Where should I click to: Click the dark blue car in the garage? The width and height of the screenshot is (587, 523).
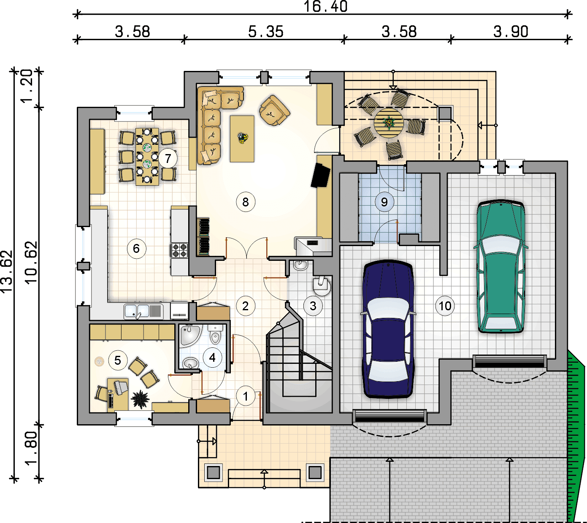pyautogui.click(x=388, y=329)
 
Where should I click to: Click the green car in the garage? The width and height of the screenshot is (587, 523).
pyautogui.click(x=501, y=266)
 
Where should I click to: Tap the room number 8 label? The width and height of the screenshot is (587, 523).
pyautogui.click(x=246, y=202)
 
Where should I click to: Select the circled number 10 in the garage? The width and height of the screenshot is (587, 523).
pyautogui.click(x=445, y=306)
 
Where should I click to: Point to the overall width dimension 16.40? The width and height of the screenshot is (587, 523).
pyautogui.click(x=325, y=6)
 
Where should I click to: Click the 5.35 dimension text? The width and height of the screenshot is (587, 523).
pyautogui.click(x=266, y=32)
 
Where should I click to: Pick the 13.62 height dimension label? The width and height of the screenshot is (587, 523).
pyautogui.click(x=7, y=272)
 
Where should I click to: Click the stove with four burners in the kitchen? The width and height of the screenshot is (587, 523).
pyautogui.click(x=179, y=250)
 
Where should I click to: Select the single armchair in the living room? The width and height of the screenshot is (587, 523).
pyautogui.click(x=274, y=111)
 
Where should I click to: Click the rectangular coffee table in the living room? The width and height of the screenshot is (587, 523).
pyautogui.click(x=242, y=139)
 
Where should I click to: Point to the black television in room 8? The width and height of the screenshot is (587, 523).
pyautogui.click(x=320, y=176)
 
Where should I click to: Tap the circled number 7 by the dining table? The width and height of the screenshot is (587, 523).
pyautogui.click(x=168, y=158)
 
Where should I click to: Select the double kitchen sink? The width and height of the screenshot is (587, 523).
pyautogui.click(x=143, y=311)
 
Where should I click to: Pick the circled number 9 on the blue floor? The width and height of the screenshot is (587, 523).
pyautogui.click(x=384, y=202)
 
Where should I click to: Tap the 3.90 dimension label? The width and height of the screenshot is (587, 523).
pyautogui.click(x=511, y=32)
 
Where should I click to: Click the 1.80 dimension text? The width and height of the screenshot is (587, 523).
pyautogui.click(x=32, y=448)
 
